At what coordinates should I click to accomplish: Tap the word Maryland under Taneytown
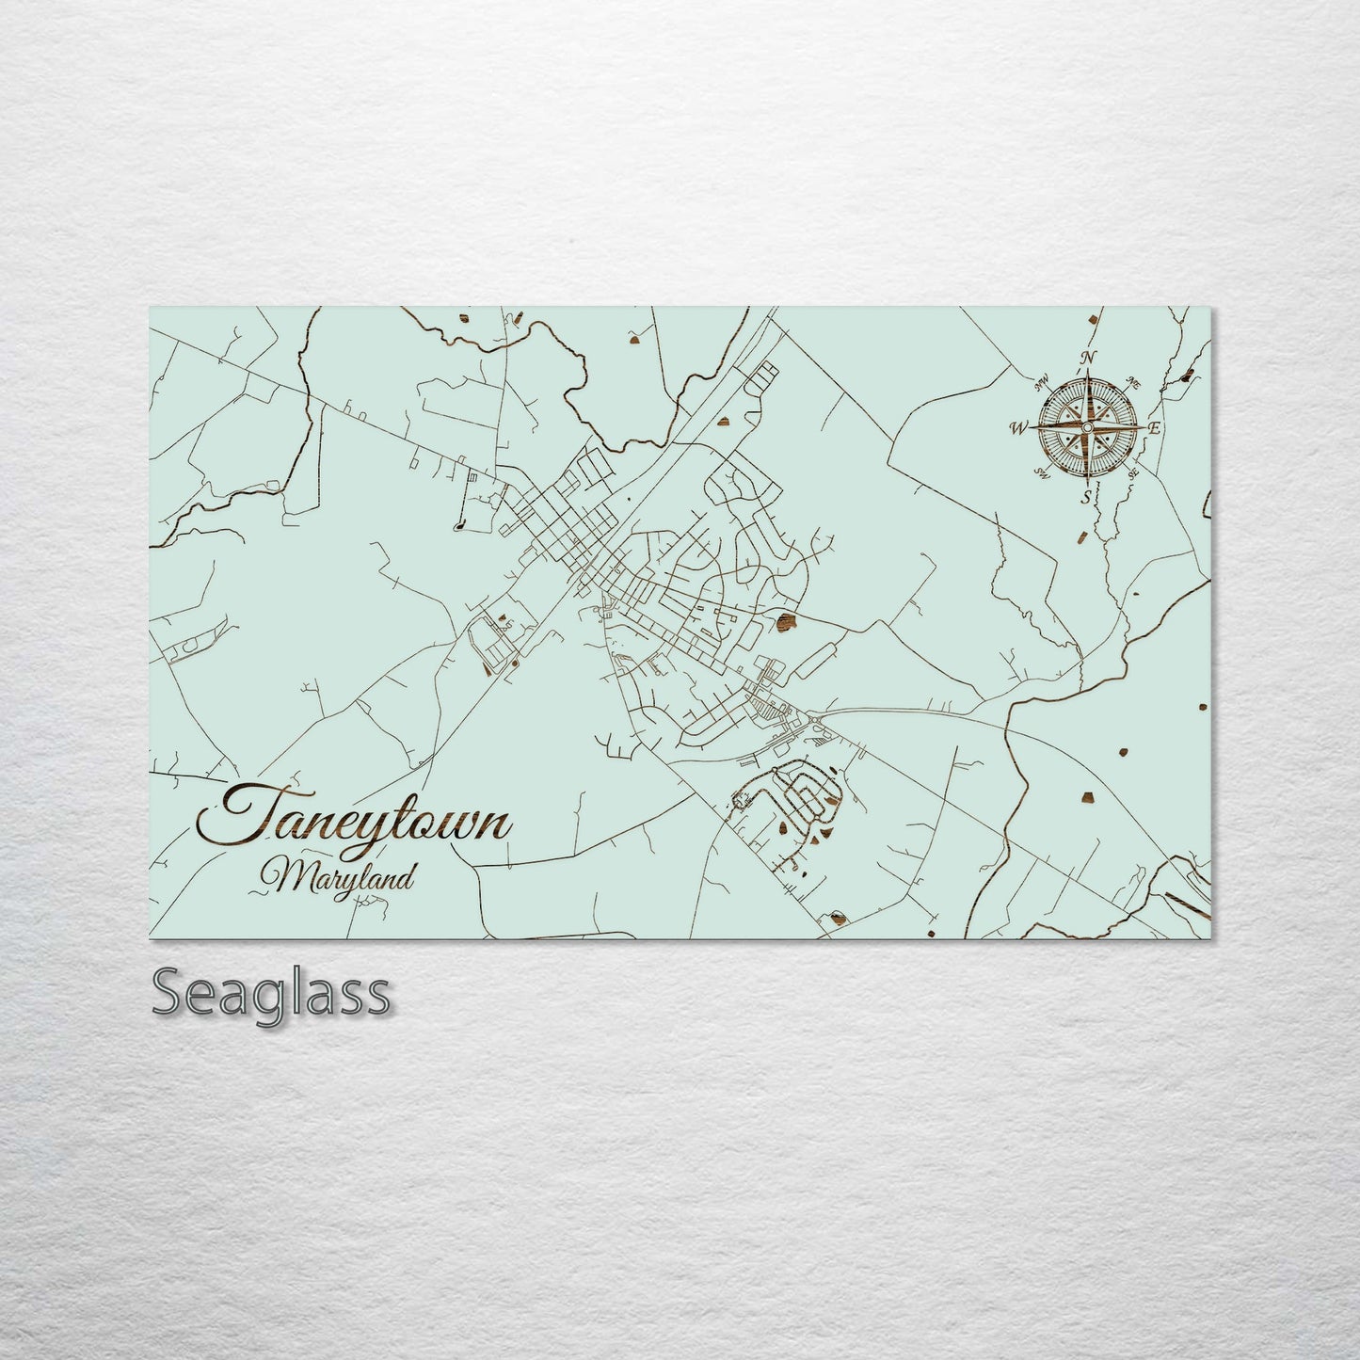pos(342,879)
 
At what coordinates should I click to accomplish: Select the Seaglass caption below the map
pos(269,992)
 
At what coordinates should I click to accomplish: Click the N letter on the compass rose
pos(1089,358)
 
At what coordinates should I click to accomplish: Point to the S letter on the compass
pos(1087,497)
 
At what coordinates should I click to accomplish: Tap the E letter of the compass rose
pos(1155,428)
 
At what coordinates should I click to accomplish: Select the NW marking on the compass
pos(1042,382)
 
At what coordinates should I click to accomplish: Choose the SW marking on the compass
pos(1041,472)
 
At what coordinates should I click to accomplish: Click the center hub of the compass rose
pos(1087,428)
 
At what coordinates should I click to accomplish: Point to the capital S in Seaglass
pos(169,992)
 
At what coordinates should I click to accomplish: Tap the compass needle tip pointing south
pos(1087,483)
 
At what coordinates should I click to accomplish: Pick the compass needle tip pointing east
pos(1142,428)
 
